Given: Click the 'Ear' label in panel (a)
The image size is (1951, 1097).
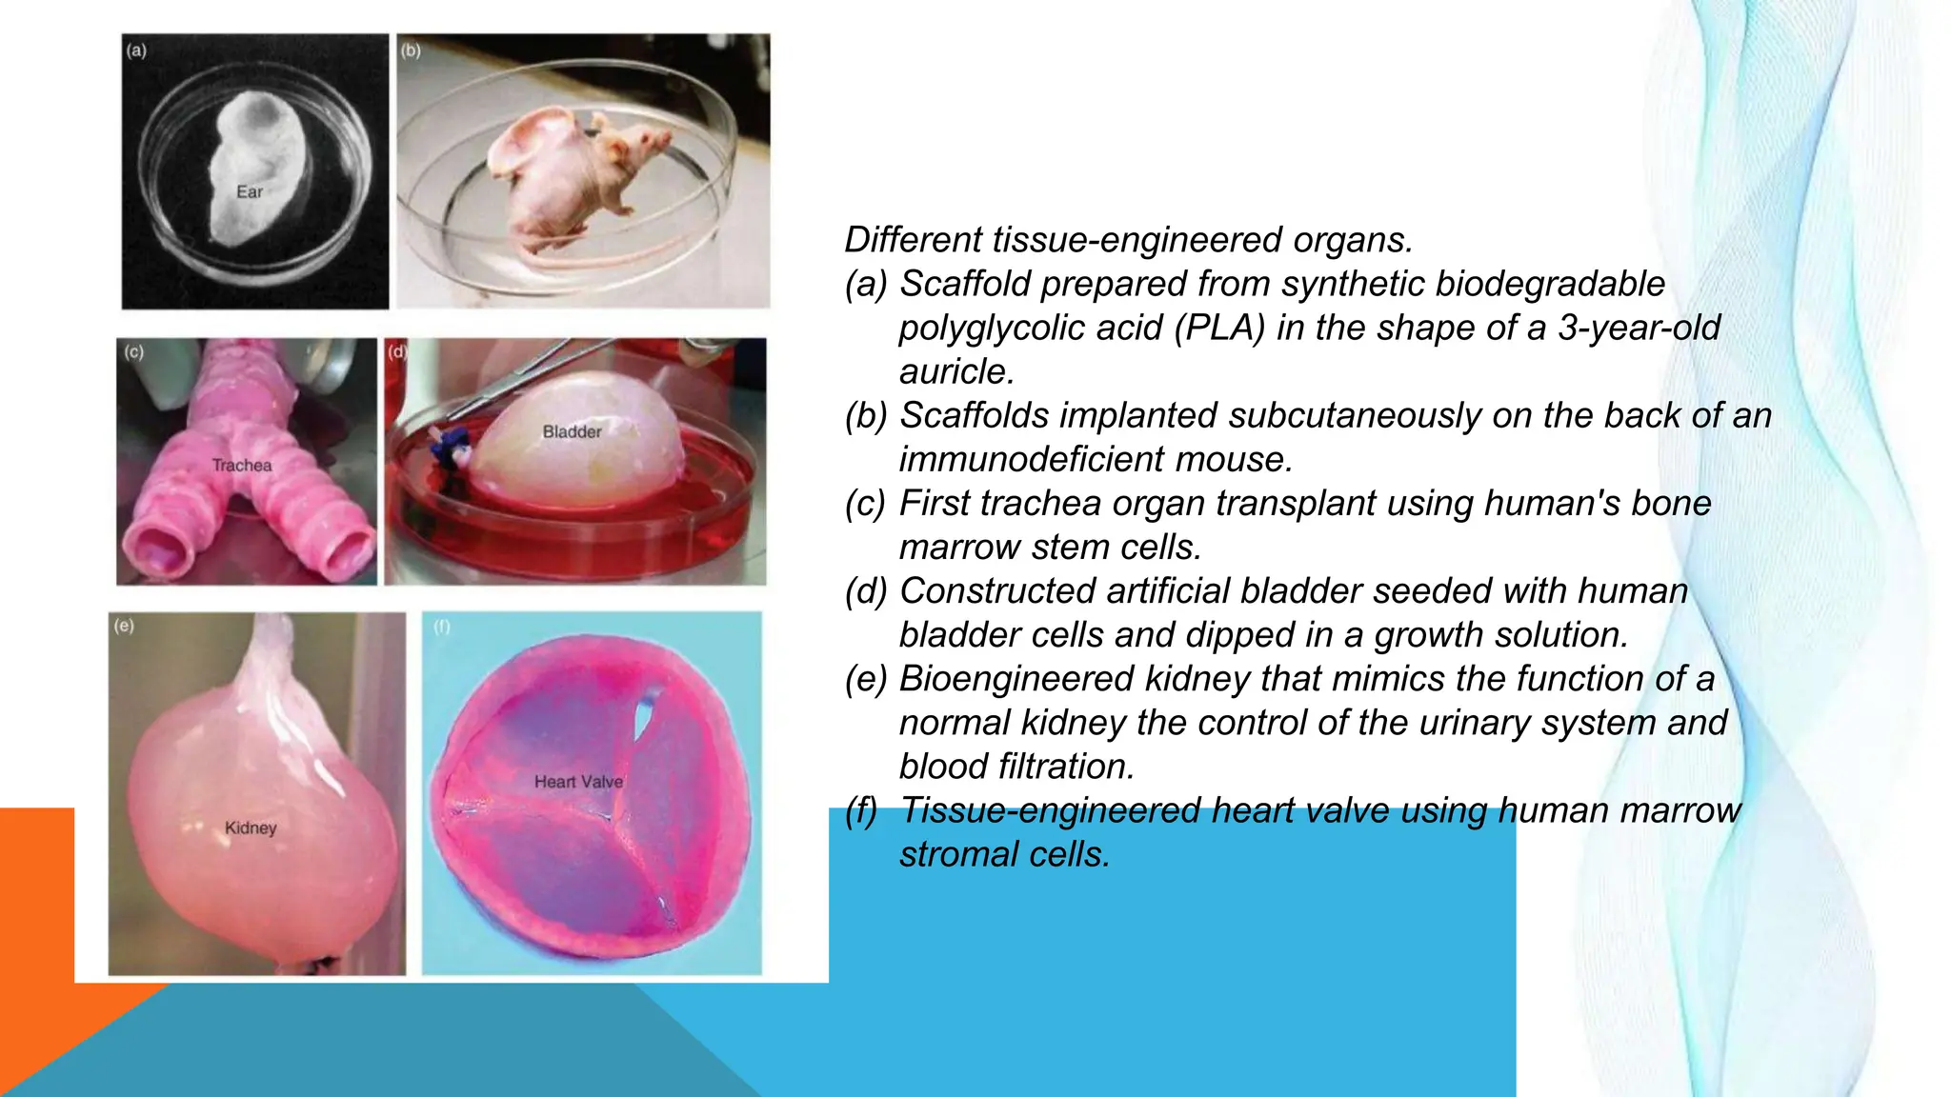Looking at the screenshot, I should [249, 192].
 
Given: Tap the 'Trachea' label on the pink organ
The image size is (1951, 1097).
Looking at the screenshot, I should [242, 466].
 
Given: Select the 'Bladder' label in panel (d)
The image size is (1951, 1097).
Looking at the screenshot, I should [572, 432].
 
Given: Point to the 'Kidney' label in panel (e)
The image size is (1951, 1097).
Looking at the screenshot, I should [251, 828].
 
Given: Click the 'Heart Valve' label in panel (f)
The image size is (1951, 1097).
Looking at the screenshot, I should [578, 782].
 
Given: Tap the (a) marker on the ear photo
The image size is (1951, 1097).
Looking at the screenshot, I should [136, 50].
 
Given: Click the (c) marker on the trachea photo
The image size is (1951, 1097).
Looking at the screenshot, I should [133, 352].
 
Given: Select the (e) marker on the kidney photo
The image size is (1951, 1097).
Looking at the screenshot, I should [124, 626].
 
